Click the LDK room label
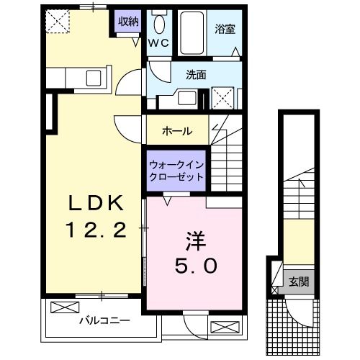click(95, 204)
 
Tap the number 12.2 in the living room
click(96, 230)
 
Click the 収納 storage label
click(128, 21)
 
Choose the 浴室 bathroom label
click(224, 30)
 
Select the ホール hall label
click(177, 132)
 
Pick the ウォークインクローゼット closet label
click(176, 170)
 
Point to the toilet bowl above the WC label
click(159, 22)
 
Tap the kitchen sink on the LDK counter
click(94, 78)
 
